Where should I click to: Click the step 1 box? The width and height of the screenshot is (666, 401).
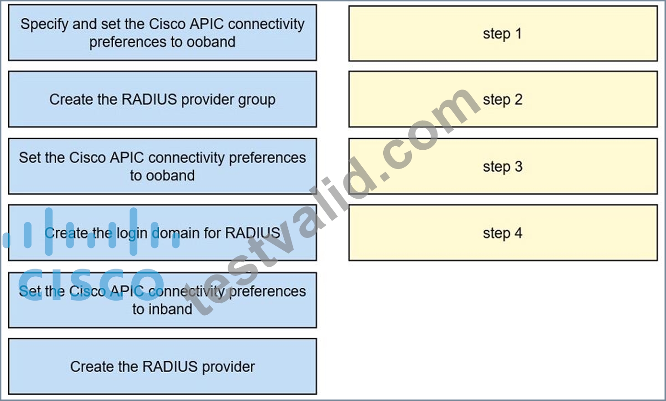point(503,34)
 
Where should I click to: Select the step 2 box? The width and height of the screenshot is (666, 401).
point(503,99)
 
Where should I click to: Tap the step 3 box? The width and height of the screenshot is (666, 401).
point(503,166)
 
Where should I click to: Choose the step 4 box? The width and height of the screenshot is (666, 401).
point(503,233)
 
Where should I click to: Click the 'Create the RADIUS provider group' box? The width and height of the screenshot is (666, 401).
point(162,99)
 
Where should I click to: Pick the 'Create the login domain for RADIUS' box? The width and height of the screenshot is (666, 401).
point(162,233)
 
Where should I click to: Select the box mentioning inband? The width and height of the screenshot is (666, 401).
point(162,300)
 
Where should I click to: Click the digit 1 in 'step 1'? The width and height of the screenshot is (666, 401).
point(518,33)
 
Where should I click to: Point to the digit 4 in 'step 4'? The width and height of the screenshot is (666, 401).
point(518,233)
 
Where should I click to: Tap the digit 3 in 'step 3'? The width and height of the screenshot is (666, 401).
point(519,166)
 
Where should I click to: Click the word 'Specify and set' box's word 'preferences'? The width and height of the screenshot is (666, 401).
point(127,42)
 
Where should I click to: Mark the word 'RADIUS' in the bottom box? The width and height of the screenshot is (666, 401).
point(170,366)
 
